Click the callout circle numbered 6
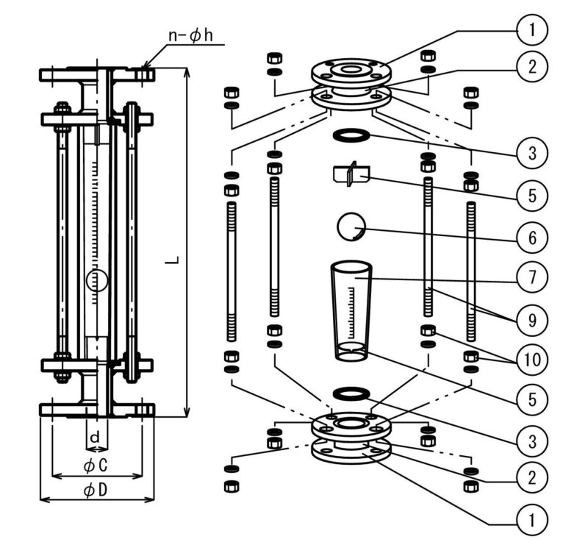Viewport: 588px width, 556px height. [x=531, y=238]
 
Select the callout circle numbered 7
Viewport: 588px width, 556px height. [x=531, y=277]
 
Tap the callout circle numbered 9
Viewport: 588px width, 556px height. [x=531, y=321]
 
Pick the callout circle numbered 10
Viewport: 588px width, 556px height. [x=531, y=360]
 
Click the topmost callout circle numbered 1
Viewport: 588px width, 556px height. [x=531, y=29]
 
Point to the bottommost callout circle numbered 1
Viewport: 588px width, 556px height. [x=531, y=520]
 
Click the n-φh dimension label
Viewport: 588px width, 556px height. [x=191, y=36]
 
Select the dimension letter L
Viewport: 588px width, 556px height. [x=172, y=260]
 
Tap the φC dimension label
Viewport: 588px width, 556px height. [x=96, y=466]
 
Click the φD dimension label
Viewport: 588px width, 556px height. [x=96, y=490]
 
